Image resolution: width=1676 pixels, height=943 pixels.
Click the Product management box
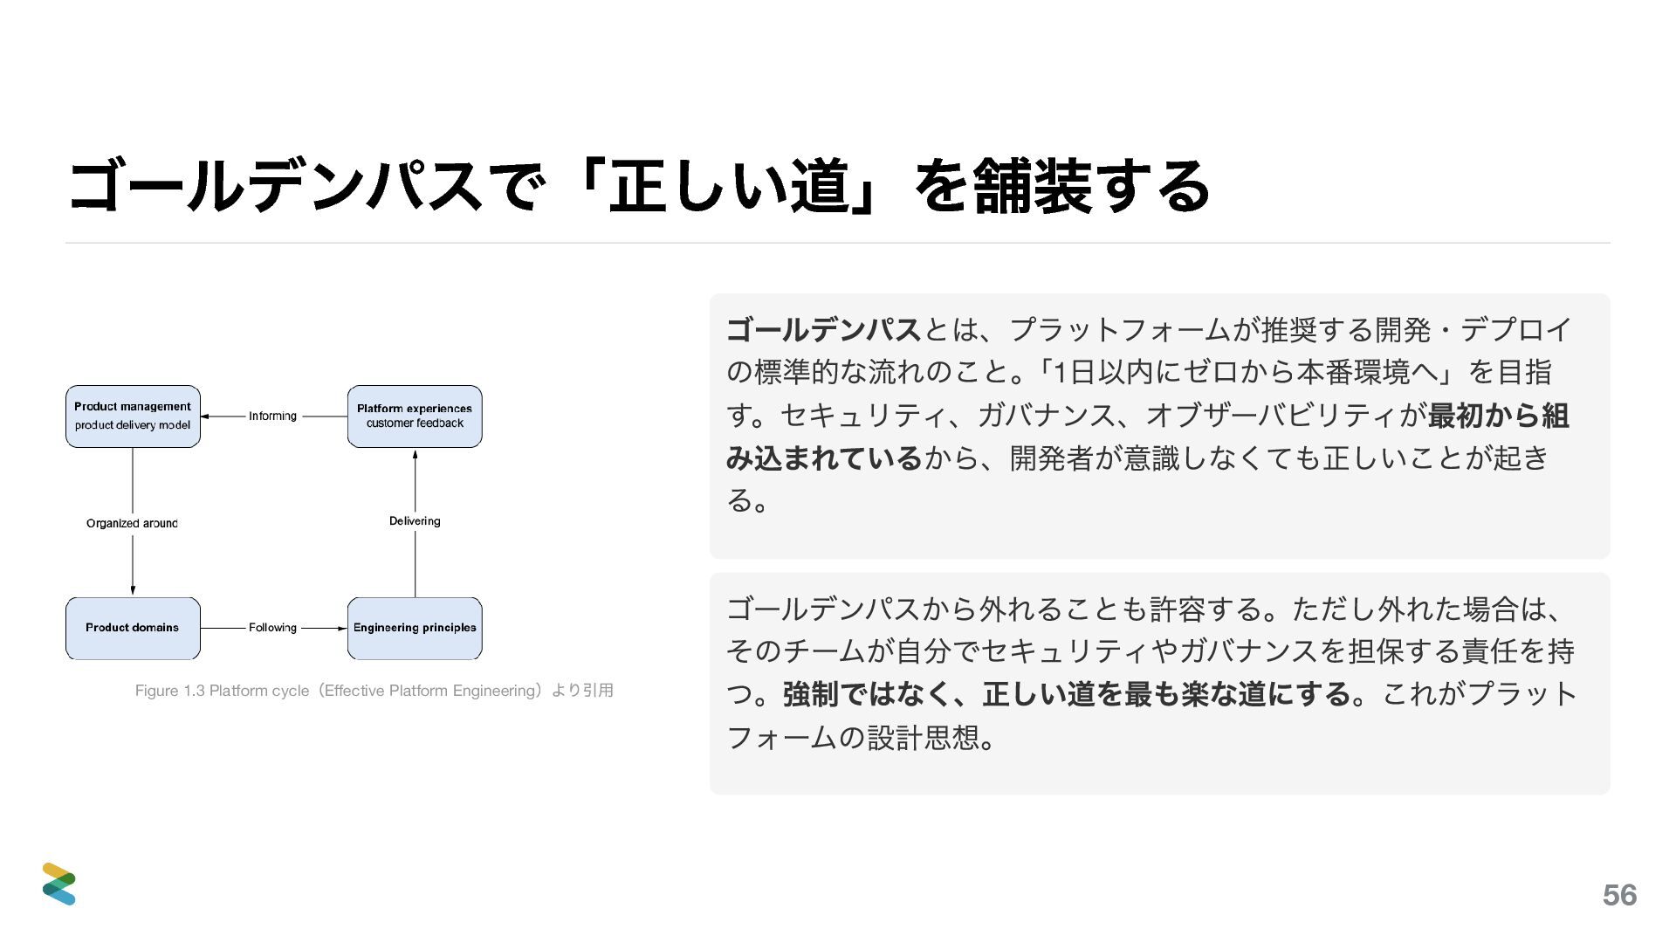tap(133, 416)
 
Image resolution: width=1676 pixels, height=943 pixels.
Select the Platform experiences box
tap(415, 416)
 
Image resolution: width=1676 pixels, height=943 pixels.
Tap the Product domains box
tap(133, 628)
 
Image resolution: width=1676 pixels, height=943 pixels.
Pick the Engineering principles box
tap(415, 628)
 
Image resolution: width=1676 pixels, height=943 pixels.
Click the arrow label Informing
tap(272, 416)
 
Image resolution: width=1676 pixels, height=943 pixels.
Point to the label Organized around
tap(132, 524)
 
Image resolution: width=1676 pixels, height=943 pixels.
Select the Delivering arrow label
tap(415, 521)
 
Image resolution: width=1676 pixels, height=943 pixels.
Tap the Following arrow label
tap(272, 628)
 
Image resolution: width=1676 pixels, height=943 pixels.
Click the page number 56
tap(1619, 895)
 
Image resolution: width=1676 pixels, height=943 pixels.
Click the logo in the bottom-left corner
tap(59, 884)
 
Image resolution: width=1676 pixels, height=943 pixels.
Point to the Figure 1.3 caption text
tap(374, 691)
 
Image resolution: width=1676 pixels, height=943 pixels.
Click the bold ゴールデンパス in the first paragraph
tap(823, 330)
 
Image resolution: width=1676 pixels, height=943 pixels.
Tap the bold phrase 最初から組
tap(1498, 416)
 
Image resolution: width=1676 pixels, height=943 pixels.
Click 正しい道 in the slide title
tap(729, 186)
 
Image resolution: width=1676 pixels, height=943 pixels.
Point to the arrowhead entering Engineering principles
tap(342, 628)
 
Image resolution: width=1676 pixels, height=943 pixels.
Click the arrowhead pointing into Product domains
tap(133, 590)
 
